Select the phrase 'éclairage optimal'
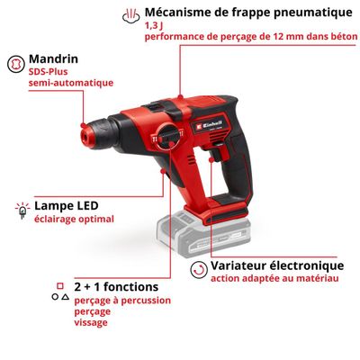pos(75,219)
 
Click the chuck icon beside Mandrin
pos(15,64)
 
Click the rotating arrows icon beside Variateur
pos(196,267)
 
